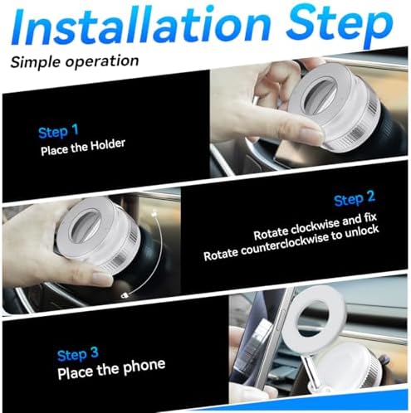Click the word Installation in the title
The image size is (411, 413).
pyautogui.click(x=140, y=27)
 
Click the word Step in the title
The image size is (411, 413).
pyautogui.click(x=340, y=27)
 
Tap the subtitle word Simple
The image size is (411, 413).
pyautogui.click(x=37, y=62)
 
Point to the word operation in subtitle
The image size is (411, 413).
pyautogui.click(x=102, y=61)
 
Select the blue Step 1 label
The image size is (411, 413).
pyautogui.click(x=58, y=132)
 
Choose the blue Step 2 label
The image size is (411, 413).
pyautogui.click(x=355, y=198)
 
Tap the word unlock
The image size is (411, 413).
pyautogui.click(x=362, y=231)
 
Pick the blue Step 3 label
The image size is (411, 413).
pyautogui.click(x=78, y=354)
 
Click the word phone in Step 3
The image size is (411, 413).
pyautogui.click(x=144, y=367)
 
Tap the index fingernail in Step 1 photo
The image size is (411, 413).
pyautogui.click(x=311, y=134)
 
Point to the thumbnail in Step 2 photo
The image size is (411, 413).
pyautogui.click(x=101, y=279)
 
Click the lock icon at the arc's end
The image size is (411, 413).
pyautogui.click(x=124, y=296)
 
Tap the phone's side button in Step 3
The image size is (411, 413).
pyautogui.click(x=281, y=318)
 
